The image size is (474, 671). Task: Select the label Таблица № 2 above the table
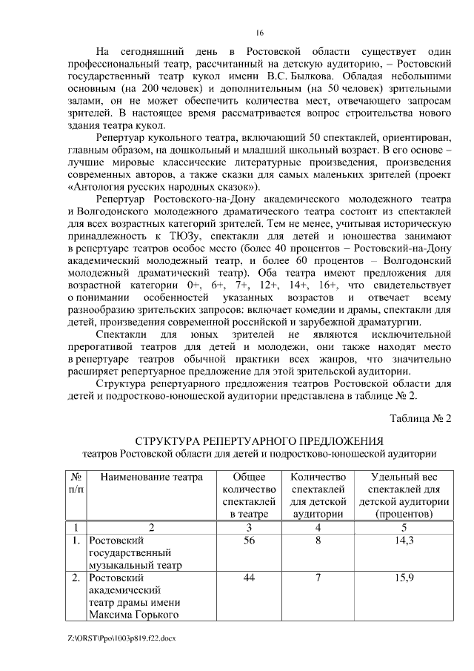[x=420, y=418]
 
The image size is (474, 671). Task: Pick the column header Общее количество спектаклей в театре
[x=250, y=495]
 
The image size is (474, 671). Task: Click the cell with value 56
[x=250, y=541]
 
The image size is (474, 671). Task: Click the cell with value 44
[x=250, y=578]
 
